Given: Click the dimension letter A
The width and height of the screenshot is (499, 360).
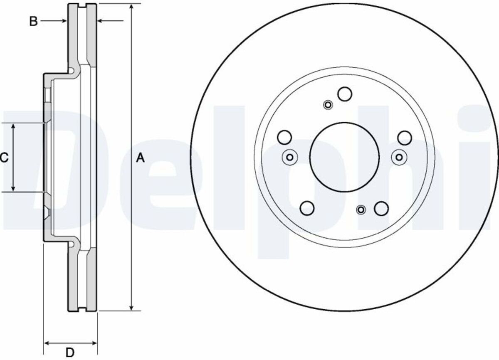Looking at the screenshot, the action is click(x=141, y=158).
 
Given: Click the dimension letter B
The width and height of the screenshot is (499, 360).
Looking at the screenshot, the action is click(x=33, y=22).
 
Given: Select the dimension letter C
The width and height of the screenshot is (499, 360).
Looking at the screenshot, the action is click(x=4, y=158).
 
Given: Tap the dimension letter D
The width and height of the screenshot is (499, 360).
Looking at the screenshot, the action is click(x=70, y=353).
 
